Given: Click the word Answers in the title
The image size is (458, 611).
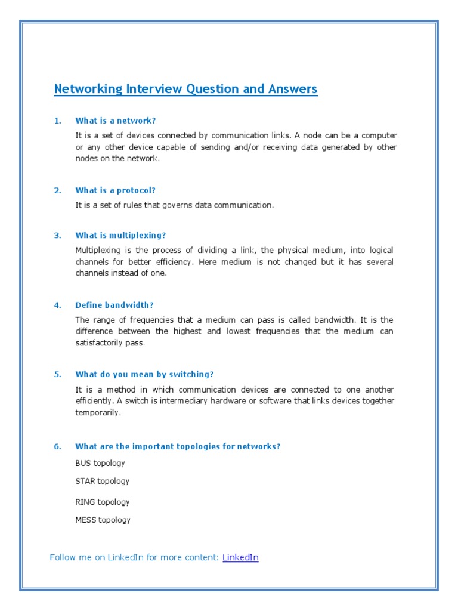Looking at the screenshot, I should (x=293, y=89).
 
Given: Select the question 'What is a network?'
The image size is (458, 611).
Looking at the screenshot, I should (x=115, y=121).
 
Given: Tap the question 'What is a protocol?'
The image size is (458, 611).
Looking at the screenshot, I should (x=115, y=190).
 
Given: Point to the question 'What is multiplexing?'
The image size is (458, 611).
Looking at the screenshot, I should (x=120, y=235).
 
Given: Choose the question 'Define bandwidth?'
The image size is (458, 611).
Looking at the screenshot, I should (x=114, y=305).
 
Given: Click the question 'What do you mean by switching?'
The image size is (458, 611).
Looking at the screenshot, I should (x=144, y=374).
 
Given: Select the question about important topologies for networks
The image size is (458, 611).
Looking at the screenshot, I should (x=178, y=446).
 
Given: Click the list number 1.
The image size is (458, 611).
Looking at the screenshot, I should (x=57, y=121).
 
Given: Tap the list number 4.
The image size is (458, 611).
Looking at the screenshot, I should (x=57, y=305).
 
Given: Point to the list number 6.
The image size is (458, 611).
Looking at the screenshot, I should (x=57, y=446).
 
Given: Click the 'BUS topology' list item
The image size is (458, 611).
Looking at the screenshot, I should (x=100, y=463).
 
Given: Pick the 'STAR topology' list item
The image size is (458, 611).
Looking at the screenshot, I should (x=102, y=481).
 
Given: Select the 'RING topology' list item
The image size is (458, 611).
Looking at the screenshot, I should (x=102, y=502).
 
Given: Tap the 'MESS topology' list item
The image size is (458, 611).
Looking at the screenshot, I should (x=103, y=520).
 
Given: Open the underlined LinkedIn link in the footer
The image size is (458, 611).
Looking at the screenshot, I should (x=240, y=557).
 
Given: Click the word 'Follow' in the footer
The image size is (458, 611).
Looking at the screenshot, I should (x=63, y=557).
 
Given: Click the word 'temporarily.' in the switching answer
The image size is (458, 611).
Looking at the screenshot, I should (x=98, y=412).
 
